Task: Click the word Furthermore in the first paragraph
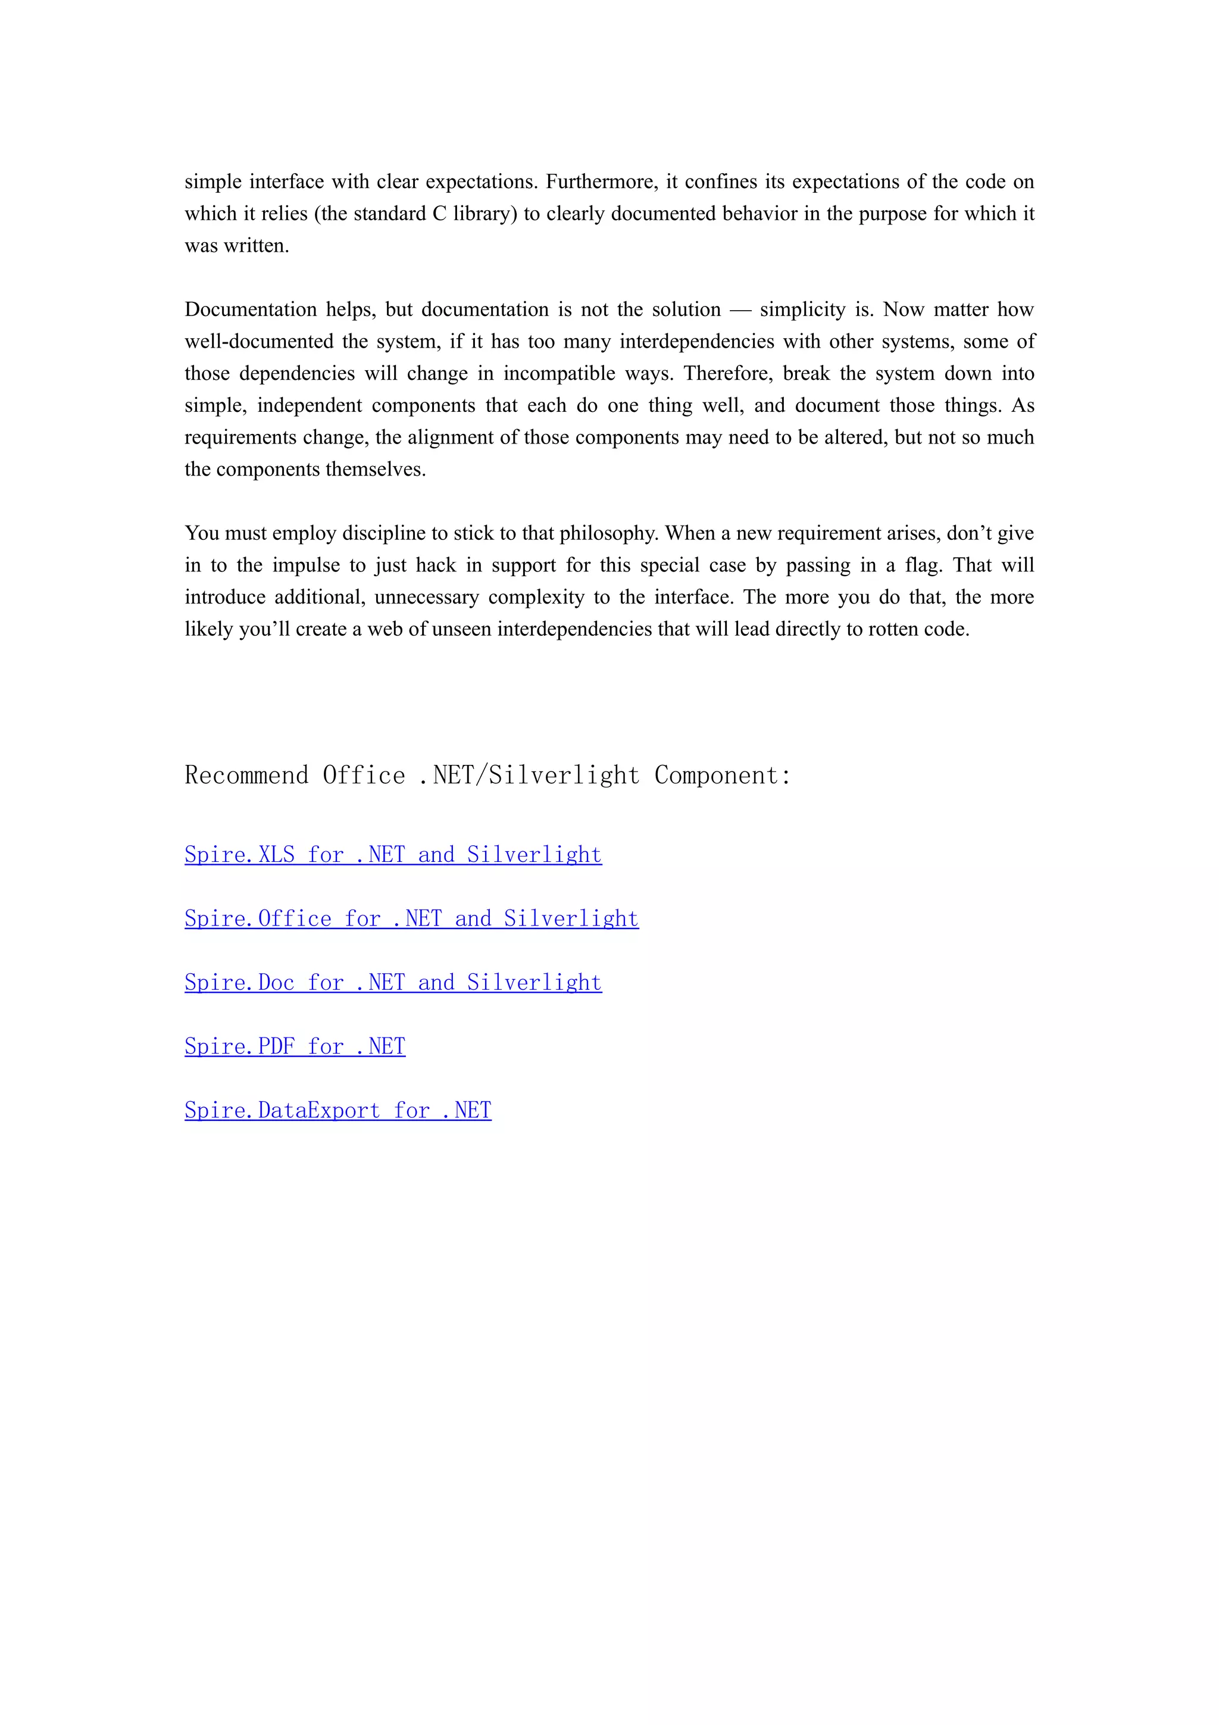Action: (601, 182)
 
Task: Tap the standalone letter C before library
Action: (439, 214)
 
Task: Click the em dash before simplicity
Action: (740, 310)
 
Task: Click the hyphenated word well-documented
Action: (259, 342)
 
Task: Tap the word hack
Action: (436, 565)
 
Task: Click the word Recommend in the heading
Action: (246, 776)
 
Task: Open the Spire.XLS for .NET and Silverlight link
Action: (393, 855)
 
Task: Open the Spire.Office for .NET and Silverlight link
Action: (411, 919)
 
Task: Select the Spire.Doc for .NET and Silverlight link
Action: (393, 983)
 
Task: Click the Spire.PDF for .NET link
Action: (295, 1046)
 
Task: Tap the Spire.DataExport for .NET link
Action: (338, 1111)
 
